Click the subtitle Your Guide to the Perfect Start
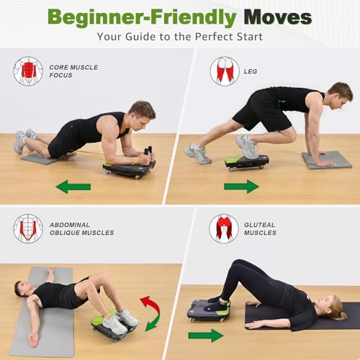(x=180, y=35)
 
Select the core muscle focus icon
(x=27, y=71)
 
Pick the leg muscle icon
(x=225, y=71)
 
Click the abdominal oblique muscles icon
(x=27, y=228)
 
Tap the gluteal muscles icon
(x=224, y=228)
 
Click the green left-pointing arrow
(x=73, y=187)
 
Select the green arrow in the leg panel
(x=241, y=186)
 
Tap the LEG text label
(x=251, y=71)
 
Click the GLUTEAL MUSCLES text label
(x=260, y=228)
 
